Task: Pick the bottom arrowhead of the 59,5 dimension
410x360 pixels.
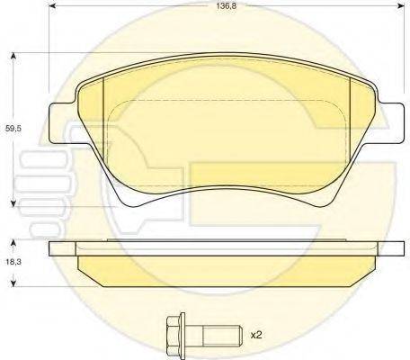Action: (x=13, y=204)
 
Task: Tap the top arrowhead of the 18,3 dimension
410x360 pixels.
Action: (x=13, y=243)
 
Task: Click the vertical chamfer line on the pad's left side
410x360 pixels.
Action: (x=105, y=112)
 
